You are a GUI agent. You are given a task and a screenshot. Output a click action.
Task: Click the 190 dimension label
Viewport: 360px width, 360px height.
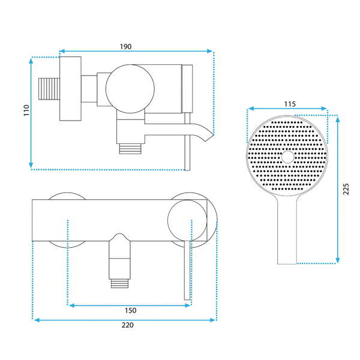coord(125,47)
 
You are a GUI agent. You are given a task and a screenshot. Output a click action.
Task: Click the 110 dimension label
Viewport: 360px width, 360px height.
coord(26,110)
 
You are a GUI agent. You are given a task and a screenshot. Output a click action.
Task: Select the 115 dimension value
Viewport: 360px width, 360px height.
coord(290,104)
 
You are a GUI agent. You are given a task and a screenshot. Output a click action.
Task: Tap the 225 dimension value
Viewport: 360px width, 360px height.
coord(346,189)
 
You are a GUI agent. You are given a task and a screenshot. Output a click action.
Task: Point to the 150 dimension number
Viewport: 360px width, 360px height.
coord(130,310)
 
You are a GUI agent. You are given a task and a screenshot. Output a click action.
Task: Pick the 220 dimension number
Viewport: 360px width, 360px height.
coord(127,325)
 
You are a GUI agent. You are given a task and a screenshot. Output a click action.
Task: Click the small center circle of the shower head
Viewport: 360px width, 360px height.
coord(287,157)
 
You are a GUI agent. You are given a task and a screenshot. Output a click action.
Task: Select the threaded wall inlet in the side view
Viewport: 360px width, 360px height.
coord(49,89)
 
